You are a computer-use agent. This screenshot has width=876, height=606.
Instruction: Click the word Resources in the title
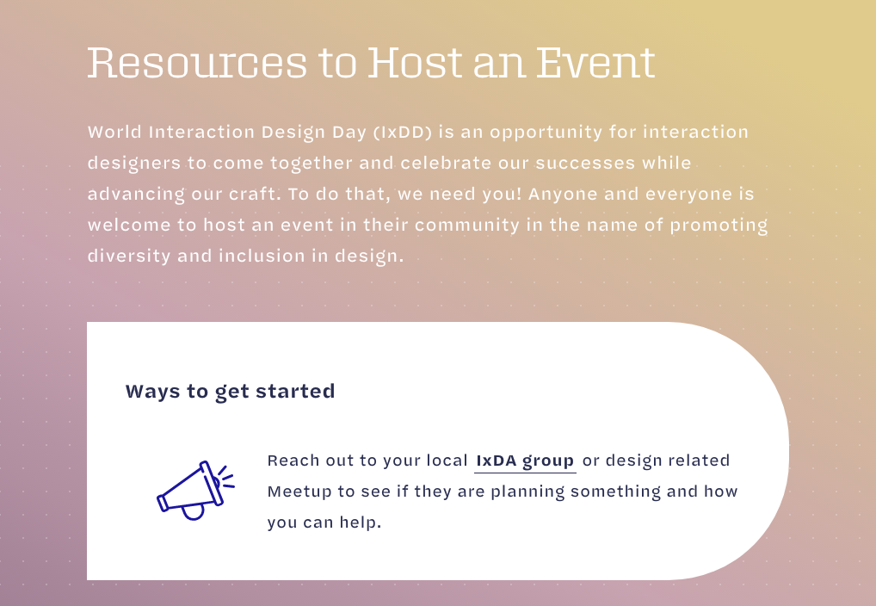coord(197,62)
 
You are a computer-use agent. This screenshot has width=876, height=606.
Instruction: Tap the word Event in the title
coord(596,62)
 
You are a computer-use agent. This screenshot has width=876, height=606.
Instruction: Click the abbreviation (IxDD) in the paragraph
coord(403,132)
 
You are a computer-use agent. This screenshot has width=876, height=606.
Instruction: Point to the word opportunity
coord(546,133)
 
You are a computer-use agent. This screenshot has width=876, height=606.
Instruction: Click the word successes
coord(585,164)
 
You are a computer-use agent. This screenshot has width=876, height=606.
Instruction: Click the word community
coord(467,226)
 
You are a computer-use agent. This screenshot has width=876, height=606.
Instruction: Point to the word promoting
coord(719,226)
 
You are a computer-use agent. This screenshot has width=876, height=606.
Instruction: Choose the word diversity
coord(129,256)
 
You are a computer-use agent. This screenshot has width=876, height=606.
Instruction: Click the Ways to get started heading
coord(230,392)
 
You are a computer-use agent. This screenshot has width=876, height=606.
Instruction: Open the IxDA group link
coord(525,461)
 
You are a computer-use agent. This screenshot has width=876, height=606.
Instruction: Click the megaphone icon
coord(195,491)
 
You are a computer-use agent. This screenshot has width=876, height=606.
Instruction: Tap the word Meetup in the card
coord(299,492)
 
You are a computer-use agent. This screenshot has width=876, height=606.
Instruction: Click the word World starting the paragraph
coord(114,132)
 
